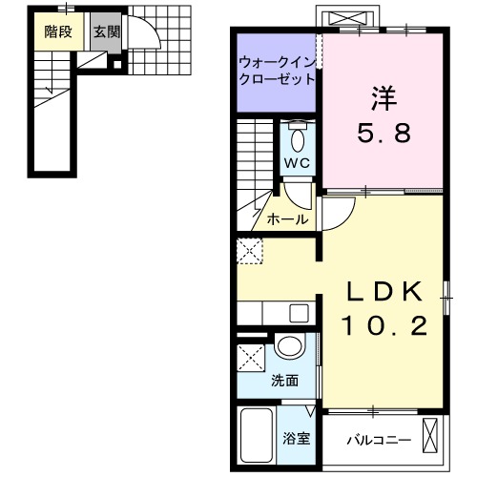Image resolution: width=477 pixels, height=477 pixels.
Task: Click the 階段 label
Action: (x=57, y=31)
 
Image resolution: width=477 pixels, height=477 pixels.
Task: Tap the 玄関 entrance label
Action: (x=106, y=31)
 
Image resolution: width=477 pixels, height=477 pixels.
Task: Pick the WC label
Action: (x=297, y=163)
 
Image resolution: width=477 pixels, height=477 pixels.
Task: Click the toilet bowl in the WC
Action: (x=298, y=140)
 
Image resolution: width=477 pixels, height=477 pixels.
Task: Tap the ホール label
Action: (x=287, y=219)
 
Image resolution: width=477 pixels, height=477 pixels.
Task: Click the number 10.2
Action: (x=384, y=325)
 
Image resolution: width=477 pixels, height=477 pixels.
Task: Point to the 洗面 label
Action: (x=284, y=380)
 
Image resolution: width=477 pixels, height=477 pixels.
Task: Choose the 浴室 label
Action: (x=296, y=439)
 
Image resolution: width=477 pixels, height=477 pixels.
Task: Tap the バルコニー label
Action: (x=379, y=440)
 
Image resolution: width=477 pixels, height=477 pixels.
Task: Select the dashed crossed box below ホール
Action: (x=250, y=253)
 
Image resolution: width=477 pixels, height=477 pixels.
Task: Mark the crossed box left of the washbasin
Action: (x=254, y=360)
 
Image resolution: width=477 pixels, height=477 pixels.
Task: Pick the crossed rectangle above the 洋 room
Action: (x=350, y=18)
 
